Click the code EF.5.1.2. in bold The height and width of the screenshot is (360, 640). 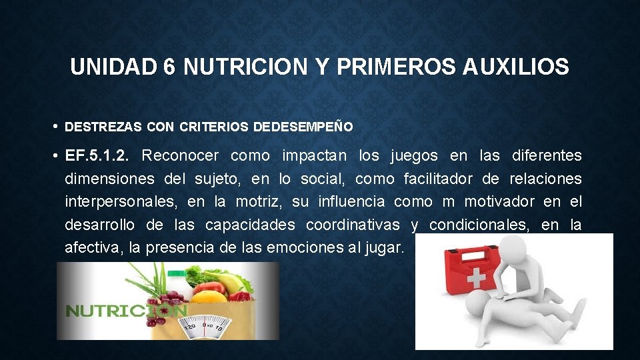[x=102, y=156]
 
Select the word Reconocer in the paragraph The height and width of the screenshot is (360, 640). [x=180, y=156]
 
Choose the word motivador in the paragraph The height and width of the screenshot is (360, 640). [x=499, y=201]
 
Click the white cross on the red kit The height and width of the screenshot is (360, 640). [x=475, y=278]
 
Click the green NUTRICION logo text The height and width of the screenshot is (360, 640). [x=125, y=311]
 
